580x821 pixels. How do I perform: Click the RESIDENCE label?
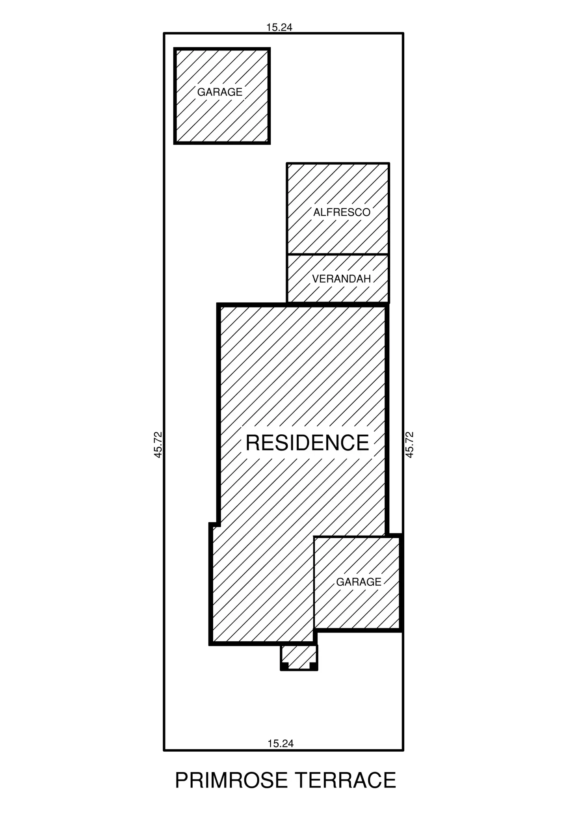[x=307, y=443]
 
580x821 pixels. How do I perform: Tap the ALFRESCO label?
[x=342, y=212]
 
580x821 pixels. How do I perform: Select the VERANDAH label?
[x=341, y=279]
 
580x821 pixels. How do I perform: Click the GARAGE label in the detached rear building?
[x=219, y=92]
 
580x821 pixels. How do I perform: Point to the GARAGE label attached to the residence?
[x=359, y=582]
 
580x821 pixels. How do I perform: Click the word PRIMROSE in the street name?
[x=231, y=780]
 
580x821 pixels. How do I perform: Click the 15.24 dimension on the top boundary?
[x=279, y=28]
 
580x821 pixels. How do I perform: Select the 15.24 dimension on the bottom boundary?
[x=281, y=743]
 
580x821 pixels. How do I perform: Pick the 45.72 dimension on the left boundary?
[x=158, y=445]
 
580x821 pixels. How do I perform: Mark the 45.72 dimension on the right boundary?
[x=409, y=445]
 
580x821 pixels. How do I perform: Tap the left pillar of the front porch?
[x=284, y=666]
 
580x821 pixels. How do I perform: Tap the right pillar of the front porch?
[x=314, y=666]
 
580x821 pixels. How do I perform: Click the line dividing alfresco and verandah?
[x=338, y=255]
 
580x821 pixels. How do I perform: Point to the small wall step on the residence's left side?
[x=214, y=524]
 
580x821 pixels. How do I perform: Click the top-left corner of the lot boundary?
[x=164, y=34]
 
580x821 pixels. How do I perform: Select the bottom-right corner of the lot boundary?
[x=403, y=750]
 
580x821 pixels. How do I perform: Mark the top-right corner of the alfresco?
[x=389, y=163]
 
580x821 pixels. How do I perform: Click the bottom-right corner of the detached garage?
[x=269, y=143]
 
